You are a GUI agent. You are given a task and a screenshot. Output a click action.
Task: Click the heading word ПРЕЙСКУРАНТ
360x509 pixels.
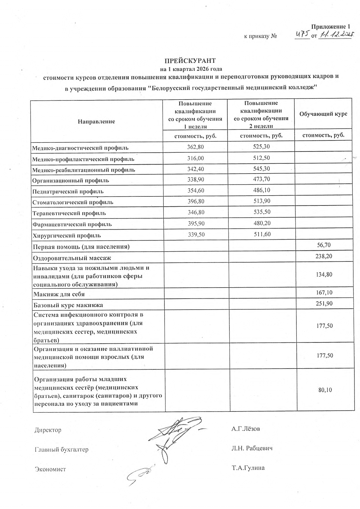coord(190,61)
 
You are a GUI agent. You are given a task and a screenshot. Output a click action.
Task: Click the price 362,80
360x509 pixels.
coord(195,147)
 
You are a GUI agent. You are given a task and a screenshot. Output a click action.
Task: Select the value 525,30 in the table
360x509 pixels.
coord(261,147)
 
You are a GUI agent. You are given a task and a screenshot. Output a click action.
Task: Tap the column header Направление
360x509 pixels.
coord(96,122)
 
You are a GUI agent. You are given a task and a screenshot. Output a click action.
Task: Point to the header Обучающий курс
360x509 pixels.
coord(323,114)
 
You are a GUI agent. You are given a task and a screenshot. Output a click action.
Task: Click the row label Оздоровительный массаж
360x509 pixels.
coord(72,258)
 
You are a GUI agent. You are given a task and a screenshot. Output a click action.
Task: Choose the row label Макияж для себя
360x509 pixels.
coord(59,294)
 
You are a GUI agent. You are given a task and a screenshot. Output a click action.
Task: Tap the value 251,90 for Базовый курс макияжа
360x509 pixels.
coord(324,304)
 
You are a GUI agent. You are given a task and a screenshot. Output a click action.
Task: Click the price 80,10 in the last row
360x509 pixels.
coord(325,390)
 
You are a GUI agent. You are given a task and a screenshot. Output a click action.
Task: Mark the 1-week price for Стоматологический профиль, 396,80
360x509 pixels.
coord(196,201)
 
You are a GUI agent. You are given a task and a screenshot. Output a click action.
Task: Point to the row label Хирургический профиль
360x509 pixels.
coord(67,236)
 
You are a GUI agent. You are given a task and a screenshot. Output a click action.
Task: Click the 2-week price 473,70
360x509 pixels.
coord(262,179)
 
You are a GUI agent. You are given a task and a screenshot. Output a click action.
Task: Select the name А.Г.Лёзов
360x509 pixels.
coord(246,429)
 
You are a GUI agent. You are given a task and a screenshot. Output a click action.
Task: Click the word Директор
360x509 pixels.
coord(48,430)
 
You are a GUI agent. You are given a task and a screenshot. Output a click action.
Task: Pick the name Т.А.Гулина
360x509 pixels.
coord(248,468)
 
